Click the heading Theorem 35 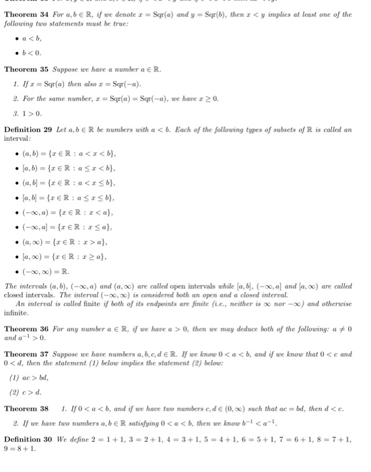pyautogui.click(x=27, y=69)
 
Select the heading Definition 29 pyautogui.click(x=31, y=129)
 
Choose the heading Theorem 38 pyautogui.click(x=27, y=408)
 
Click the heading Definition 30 pyautogui.click(x=31, y=440)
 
